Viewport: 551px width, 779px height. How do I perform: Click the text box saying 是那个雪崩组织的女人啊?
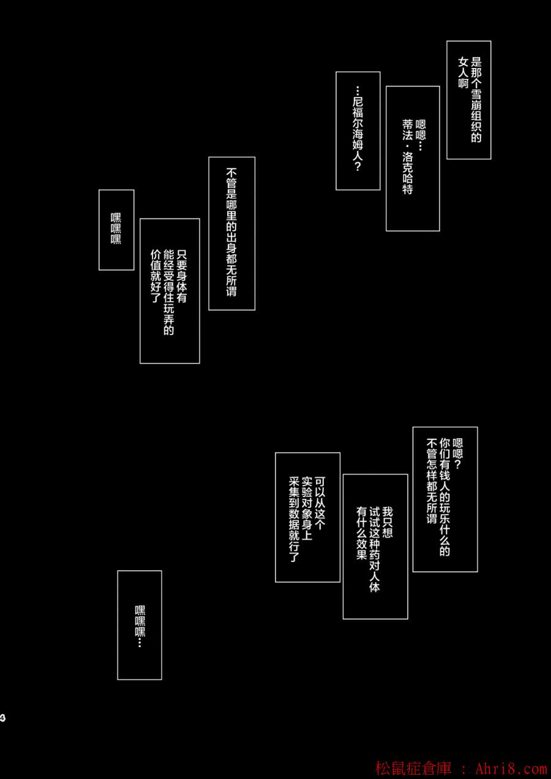pos(469,100)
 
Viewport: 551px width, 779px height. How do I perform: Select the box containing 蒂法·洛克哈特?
pos(413,159)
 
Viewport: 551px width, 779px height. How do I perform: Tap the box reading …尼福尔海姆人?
pos(358,131)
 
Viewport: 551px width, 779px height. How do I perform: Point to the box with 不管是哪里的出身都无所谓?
pos(231,234)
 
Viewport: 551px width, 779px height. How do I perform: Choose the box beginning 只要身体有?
pos(170,291)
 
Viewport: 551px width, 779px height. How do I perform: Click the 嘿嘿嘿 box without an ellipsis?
pos(116,230)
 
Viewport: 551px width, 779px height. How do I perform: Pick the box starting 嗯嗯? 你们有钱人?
pos(445,500)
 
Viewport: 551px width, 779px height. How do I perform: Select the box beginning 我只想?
pos(375,547)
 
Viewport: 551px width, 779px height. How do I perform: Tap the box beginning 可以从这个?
pos(307,517)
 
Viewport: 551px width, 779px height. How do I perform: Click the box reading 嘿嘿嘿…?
pos(140,625)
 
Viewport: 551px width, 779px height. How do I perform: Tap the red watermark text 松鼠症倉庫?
pos(413,768)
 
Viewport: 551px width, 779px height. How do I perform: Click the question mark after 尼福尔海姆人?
pos(358,166)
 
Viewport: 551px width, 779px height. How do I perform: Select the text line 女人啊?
pos(463,73)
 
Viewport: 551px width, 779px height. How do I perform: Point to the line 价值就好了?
pos(156,276)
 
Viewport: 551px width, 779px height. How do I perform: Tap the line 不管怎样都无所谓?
pos(432,481)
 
